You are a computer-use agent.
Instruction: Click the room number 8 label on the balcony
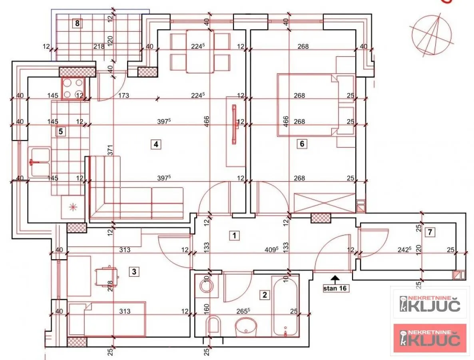click(78, 23)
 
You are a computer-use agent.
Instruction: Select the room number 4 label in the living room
click(156, 144)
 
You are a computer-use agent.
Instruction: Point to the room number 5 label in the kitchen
click(60, 131)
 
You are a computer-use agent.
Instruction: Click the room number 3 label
click(134, 272)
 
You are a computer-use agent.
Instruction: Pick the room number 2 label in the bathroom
click(264, 295)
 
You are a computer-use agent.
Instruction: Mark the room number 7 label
click(430, 232)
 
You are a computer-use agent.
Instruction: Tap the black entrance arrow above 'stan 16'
click(335, 277)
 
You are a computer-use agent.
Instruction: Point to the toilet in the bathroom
click(214, 325)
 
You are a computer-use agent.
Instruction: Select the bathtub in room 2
click(285, 306)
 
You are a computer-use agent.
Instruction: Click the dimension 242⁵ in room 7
click(403, 250)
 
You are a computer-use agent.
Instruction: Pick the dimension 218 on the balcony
click(99, 46)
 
